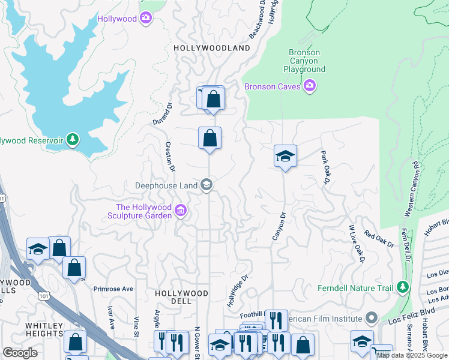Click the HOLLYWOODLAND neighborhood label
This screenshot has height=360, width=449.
(211, 47)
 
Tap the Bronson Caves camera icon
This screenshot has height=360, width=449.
(310, 86)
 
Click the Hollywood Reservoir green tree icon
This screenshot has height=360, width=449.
(73, 140)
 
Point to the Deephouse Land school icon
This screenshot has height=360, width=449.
(206, 185)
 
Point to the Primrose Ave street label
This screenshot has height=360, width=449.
(113, 289)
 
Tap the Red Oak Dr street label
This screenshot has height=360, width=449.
(379, 239)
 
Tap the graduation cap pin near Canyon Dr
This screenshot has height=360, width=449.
(285, 157)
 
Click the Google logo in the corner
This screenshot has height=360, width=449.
(20, 352)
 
